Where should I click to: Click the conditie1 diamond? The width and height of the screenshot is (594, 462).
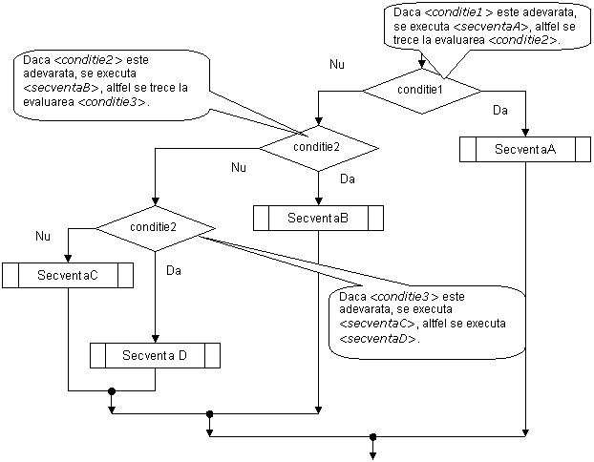[x=421, y=90]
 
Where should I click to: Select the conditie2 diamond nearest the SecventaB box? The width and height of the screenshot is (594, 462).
[x=318, y=147]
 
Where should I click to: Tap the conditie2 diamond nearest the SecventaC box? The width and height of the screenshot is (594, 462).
[x=154, y=227]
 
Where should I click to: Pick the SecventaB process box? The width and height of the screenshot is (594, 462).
[x=318, y=219]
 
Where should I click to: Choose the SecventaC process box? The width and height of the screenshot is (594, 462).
[x=68, y=276]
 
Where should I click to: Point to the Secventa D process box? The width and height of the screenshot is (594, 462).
[x=155, y=356]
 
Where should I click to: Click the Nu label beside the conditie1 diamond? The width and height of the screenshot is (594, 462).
[x=337, y=66]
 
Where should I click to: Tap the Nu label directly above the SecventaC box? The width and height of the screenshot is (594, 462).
[x=43, y=236]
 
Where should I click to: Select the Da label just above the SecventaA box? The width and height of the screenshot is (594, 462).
[x=500, y=112]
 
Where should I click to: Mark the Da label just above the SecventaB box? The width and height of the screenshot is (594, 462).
[x=348, y=179]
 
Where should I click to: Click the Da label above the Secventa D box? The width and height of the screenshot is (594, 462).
[x=174, y=271]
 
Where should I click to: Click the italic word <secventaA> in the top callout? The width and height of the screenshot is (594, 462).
[x=486, y=27]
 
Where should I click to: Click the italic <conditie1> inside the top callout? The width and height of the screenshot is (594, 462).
[x=455, y=11]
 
